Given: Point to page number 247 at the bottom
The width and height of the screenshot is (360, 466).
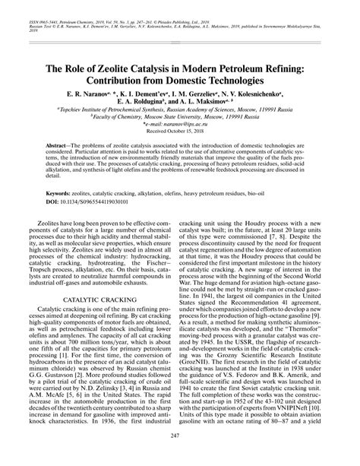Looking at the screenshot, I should (x=180, y=455).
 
